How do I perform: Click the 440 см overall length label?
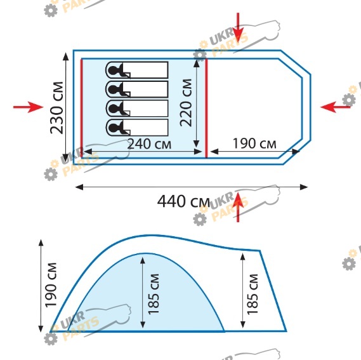[183, 201]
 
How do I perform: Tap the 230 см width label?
[56, 108]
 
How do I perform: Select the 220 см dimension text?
[186, 103]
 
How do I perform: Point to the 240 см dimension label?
[149, 144]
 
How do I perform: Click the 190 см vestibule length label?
[254, 143]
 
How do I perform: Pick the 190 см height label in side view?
[51, 285]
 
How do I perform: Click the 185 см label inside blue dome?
[154, 294]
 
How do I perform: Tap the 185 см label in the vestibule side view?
[253, 295]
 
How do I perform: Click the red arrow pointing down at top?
[238, 28]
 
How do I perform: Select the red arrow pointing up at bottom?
[238, 207]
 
